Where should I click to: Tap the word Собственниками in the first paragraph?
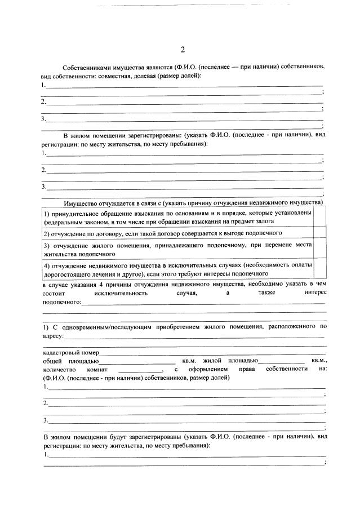(85, 66)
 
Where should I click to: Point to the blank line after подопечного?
(203, 303)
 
